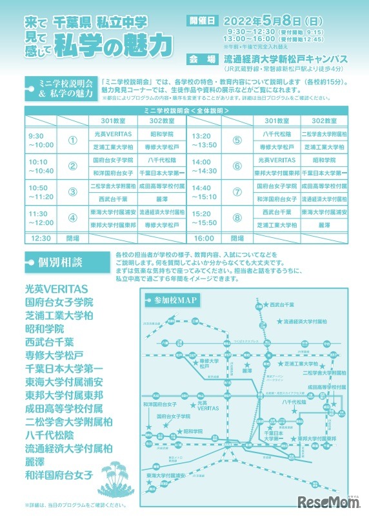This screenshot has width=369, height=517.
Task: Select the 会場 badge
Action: point(201,56)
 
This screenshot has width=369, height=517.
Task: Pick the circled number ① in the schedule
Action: point(72,141)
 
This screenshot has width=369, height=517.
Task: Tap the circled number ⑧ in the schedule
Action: point(237,218)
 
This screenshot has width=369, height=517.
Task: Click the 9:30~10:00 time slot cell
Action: point(41,141)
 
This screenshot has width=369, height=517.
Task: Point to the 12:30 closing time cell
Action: point(40,238)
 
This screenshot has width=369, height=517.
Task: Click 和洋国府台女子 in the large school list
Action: point(59,474)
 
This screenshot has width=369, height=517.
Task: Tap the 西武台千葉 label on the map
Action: point(282,304)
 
